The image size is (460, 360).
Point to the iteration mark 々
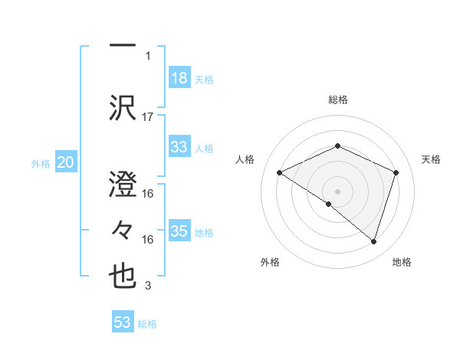coord(123,229)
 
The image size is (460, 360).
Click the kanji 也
coord(123,277)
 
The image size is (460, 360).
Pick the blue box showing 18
coord(179,78)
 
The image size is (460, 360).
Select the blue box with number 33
coord(179,147)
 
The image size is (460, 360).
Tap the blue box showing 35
coord(179,231)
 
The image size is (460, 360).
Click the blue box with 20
coord(65,162)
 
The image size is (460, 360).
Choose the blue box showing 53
coord(122,322)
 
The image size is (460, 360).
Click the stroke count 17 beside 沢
coord(148,116)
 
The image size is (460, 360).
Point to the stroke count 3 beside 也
coord(148,286)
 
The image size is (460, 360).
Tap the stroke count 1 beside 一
coord(148,55)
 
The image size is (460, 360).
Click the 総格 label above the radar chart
coord(337,100)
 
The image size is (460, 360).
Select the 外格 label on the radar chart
coord(270,262)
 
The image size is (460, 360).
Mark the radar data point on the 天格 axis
coord(396,172)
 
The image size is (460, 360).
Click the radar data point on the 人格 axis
coord(280,172)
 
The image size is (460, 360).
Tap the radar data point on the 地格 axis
coord(374,241)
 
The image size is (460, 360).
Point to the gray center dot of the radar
coord(337,191)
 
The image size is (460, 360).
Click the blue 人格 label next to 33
coord(204,148)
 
